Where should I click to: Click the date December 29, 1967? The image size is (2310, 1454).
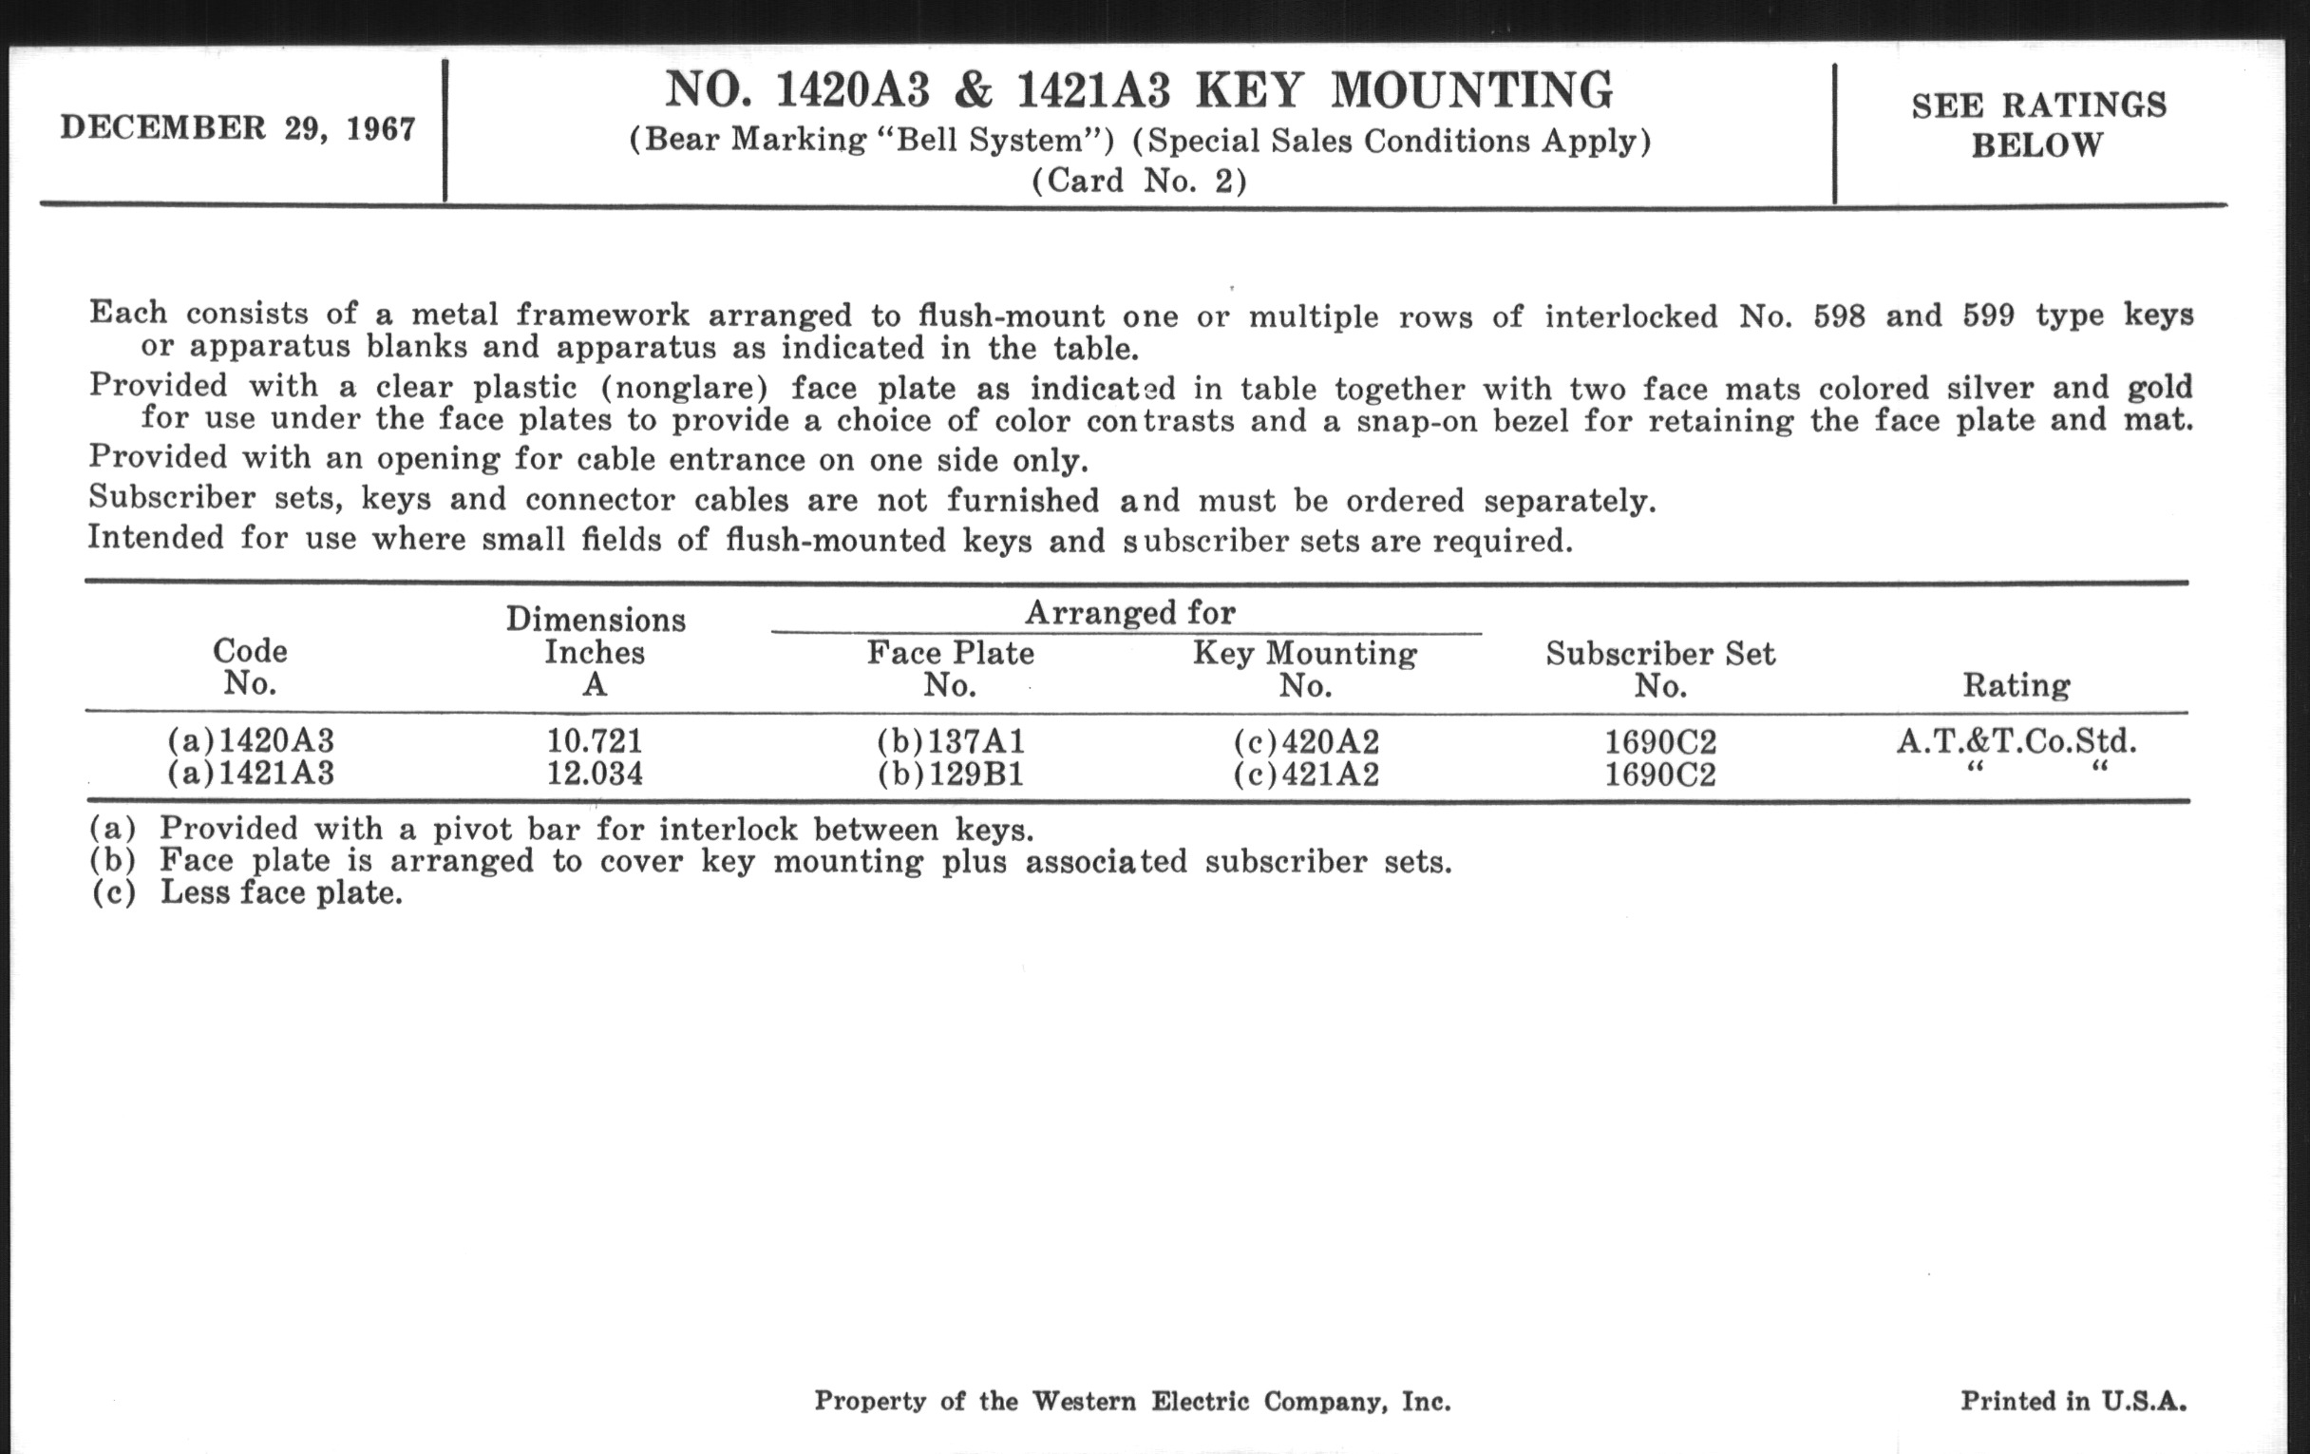237,127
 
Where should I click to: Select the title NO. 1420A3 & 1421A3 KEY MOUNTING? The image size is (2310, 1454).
1139,91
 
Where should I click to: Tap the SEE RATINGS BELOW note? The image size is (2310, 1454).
2037,124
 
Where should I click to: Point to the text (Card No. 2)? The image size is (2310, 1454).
1139,181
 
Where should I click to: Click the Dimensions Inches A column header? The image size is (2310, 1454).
595,652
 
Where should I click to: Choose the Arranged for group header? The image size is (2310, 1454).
1129,612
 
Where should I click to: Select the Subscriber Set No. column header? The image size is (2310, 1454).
1659,669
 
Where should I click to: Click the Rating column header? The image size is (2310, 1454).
2016,685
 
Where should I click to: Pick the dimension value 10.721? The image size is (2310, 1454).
595,741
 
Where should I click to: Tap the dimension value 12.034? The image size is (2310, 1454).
595,773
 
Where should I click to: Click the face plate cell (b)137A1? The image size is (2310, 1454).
951,741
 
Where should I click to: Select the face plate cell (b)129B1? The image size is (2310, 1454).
951,774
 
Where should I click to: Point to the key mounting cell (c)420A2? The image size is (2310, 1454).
1306,742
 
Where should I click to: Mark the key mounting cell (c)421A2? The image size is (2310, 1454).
1306,774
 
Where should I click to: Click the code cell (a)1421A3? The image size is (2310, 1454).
251,773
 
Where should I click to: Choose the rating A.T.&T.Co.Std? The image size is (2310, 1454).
2016,741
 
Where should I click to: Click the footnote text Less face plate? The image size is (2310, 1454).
280,892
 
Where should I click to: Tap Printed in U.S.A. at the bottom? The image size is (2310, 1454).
2073,1401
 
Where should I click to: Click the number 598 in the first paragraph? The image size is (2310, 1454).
1838,316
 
